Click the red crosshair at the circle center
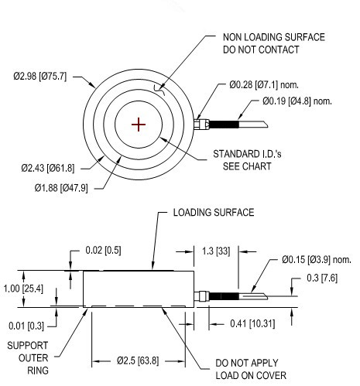[x=139, y=125]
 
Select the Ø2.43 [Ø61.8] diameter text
[x=47, y=167]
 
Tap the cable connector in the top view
[x=201, y=123]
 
